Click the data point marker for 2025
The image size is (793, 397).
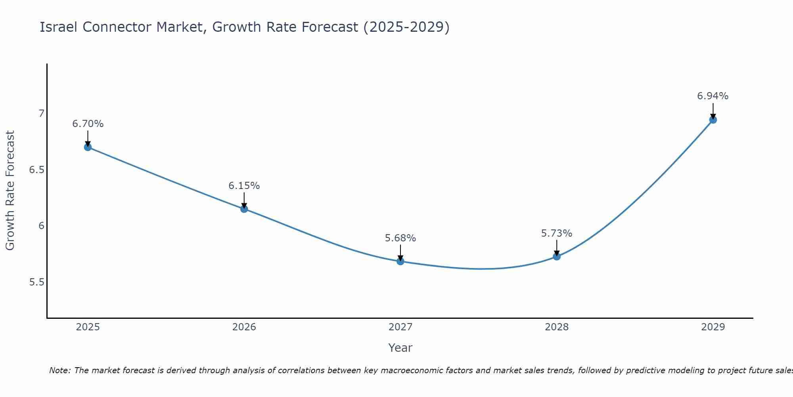pos(88,147)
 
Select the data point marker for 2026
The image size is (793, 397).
pos(244,209)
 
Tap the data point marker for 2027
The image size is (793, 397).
pos(400,261)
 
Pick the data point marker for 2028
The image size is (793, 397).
pos(557,256)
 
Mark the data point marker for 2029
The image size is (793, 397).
pos(713,120)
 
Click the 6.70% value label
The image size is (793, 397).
pos(88,124)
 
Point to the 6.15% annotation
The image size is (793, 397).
pos(244,186)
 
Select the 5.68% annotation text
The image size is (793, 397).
pos(400,238)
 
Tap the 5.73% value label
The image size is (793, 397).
pos(557,233)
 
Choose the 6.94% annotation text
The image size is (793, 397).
pos(713,96)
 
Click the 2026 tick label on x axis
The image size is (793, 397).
pos(244,327)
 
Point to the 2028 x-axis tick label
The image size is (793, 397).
pos(557,327)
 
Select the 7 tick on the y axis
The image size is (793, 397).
pos(41,114)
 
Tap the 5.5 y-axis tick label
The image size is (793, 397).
pos(37,282)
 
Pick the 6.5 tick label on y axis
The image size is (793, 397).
pos(37,170)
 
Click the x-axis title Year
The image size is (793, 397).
pos(400,348)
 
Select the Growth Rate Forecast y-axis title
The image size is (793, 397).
pos(10,191)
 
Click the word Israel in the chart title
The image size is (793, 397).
pos(59,27)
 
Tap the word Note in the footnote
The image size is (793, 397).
pos(59,370)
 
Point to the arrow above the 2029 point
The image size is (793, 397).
pos(713,110)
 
